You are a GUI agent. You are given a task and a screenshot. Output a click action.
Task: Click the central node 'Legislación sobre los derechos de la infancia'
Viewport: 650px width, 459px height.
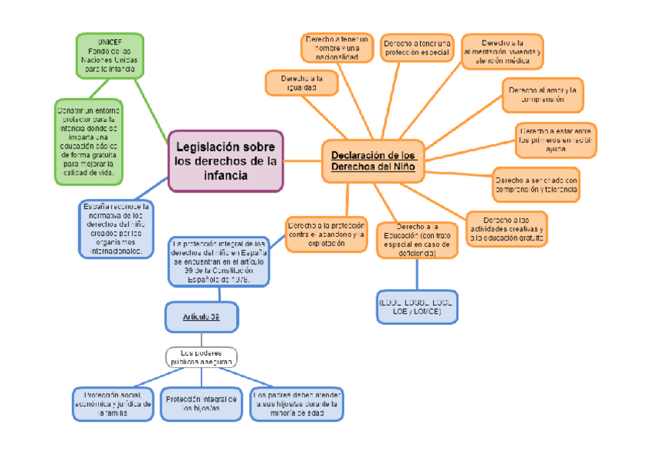[x=225, y=161]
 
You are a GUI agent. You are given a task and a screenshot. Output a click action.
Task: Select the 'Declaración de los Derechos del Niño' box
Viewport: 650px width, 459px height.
[x=373, y=161]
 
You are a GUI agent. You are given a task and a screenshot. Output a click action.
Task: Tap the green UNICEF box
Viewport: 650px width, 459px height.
[x=110, y=55]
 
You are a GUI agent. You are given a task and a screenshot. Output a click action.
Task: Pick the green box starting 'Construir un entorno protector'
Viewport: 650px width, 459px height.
[x=88, y=142]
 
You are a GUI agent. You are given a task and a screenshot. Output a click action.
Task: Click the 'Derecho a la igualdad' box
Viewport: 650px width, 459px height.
[x=301, y=83]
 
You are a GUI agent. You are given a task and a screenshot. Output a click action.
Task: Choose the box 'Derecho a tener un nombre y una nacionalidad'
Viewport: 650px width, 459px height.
[x=336, y=48]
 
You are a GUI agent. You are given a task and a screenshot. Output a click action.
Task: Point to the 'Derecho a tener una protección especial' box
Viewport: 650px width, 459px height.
[x=418, y=48]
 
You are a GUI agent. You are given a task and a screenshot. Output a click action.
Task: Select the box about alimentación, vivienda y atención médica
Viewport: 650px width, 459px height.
[x=502, y=51]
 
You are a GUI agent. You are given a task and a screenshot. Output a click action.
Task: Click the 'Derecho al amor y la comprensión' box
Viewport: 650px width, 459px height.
[x=542, y=94]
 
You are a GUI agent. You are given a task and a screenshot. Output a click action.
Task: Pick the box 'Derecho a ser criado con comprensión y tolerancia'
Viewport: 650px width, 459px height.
[x=535, y=183]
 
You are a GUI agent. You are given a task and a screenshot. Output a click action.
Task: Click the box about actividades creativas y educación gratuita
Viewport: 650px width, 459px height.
[x=507, y=228]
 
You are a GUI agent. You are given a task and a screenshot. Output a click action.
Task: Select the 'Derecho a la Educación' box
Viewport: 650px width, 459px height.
[x=417, y=240]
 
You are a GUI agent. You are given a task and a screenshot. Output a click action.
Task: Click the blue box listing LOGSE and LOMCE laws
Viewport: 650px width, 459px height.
[x=416, y=307]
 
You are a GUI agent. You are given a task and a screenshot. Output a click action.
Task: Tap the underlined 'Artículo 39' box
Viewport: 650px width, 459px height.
[x=202, y=316]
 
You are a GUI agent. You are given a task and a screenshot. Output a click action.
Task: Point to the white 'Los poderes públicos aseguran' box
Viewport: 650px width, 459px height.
[x=202, y=356]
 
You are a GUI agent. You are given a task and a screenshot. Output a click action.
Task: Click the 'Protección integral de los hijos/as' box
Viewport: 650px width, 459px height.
[x=202, y=404]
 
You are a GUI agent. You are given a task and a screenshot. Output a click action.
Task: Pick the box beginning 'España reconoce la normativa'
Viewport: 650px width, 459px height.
[x=117, y=229]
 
